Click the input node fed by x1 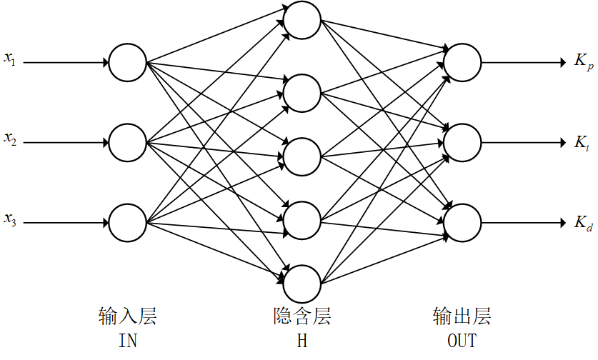pos(128,62)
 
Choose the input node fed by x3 pos(128,222)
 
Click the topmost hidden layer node pos(302,21)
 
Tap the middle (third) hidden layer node pos(302,155)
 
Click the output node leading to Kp pos(462,61)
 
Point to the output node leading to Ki pos(462,141)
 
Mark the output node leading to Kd pos(462,221)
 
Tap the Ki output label pos(582,142)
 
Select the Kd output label pos(583,222)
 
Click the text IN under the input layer pos(128,340)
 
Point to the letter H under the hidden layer pos(302,340)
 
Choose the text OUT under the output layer pos(462,340)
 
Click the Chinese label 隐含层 pos(302,316)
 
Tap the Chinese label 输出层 pos(462,316)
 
